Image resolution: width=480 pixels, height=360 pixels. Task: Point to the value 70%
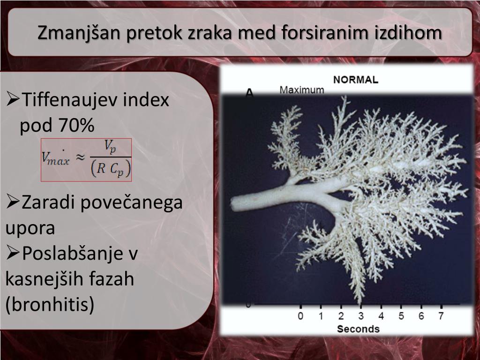[x=76, y=125]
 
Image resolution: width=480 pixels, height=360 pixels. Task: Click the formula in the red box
[x=87, y=159]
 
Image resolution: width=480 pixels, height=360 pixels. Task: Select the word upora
[x=30, y=228]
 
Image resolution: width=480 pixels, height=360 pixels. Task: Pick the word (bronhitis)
[x=50, y=304]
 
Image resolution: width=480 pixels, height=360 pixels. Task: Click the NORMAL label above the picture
[x=355, y=80]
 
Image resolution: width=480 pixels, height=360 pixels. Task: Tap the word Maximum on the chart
[x=301, y=90]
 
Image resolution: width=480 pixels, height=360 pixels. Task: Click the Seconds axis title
[x=358, y=329]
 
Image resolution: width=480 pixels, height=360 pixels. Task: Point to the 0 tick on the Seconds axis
[x=300, y=316]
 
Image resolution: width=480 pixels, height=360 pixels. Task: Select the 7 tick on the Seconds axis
[x=441, y=316]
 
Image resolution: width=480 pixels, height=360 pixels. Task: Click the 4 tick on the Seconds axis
[x=381, y=316]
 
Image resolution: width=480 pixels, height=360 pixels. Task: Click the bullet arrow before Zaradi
[x=13, y=203]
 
